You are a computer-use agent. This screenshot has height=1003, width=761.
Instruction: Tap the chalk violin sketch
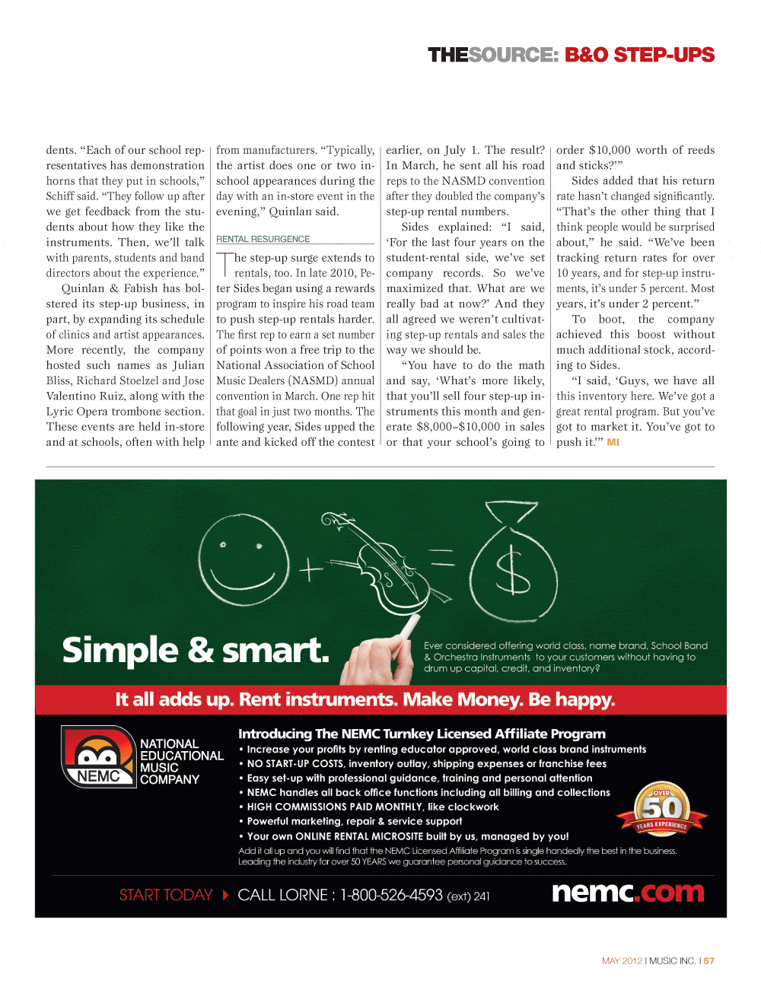[373, 563]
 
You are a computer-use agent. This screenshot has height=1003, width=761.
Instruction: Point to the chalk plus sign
[310, 569]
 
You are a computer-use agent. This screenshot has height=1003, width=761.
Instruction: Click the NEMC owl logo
[98, 756]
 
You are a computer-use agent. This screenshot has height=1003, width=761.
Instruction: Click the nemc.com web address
[628, 892]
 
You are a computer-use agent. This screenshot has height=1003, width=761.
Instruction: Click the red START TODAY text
[166, 895]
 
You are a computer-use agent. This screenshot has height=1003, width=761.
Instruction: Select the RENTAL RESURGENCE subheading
[263, 239]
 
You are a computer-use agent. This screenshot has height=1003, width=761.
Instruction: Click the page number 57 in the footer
[709, 961]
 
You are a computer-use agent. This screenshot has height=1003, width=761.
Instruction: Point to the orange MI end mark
[613, 442]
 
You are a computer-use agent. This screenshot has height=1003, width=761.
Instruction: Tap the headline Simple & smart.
[196, 651]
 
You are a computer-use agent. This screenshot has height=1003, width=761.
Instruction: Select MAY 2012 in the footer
[622, 961]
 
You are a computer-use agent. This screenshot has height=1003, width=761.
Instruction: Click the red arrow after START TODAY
[225, 895]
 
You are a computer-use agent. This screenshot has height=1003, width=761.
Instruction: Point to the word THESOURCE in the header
[492, 55]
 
